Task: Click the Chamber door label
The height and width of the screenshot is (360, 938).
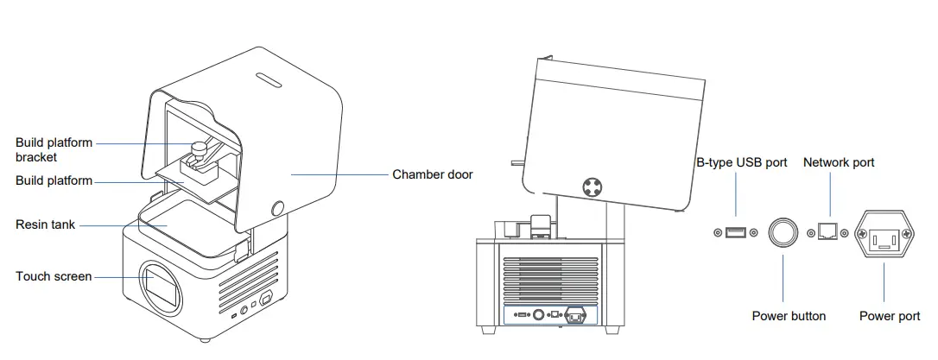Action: point(432,174)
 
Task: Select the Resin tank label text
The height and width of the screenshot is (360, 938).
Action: point(46,224)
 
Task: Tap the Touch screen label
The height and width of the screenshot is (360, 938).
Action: point(54,276)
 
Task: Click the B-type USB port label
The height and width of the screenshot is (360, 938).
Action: point(742,162)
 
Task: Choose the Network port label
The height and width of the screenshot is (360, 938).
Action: point(839,162)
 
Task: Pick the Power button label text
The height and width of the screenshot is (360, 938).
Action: point(789,316)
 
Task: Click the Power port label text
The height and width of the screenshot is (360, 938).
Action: point(890,316)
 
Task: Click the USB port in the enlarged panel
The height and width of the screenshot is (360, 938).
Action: point(736,232)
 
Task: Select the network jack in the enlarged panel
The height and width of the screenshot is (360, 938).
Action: point(828,232)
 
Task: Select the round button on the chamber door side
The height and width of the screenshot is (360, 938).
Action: point(278,208)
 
